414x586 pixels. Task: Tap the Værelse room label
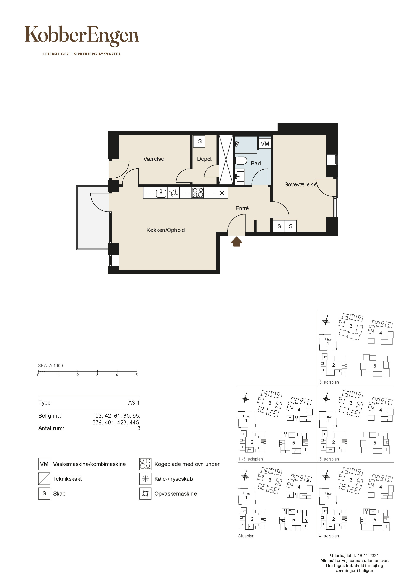pos(153,159)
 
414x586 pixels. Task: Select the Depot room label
pos(204,159)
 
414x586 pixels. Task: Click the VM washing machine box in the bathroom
pos(265,144)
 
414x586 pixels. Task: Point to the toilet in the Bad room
pos(241,161)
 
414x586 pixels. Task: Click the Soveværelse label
pos(300,185)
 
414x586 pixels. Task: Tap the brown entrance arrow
pos(237,242)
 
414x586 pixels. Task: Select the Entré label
pos(242,208)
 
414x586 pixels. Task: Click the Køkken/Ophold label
pos(165,230)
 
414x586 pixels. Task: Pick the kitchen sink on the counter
pos(161,193)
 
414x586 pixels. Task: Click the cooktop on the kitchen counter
pos(198,193)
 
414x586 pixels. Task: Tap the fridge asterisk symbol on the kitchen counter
pos(222,193)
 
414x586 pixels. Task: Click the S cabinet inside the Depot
pos(200,141)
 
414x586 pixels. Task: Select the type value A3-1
pos(134,403)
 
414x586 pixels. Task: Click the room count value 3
pos(139,428)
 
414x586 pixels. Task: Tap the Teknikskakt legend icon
pos(44,479)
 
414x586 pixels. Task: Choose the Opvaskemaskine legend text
pos(176,494)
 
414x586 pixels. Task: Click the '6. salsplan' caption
pos(329,382)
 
